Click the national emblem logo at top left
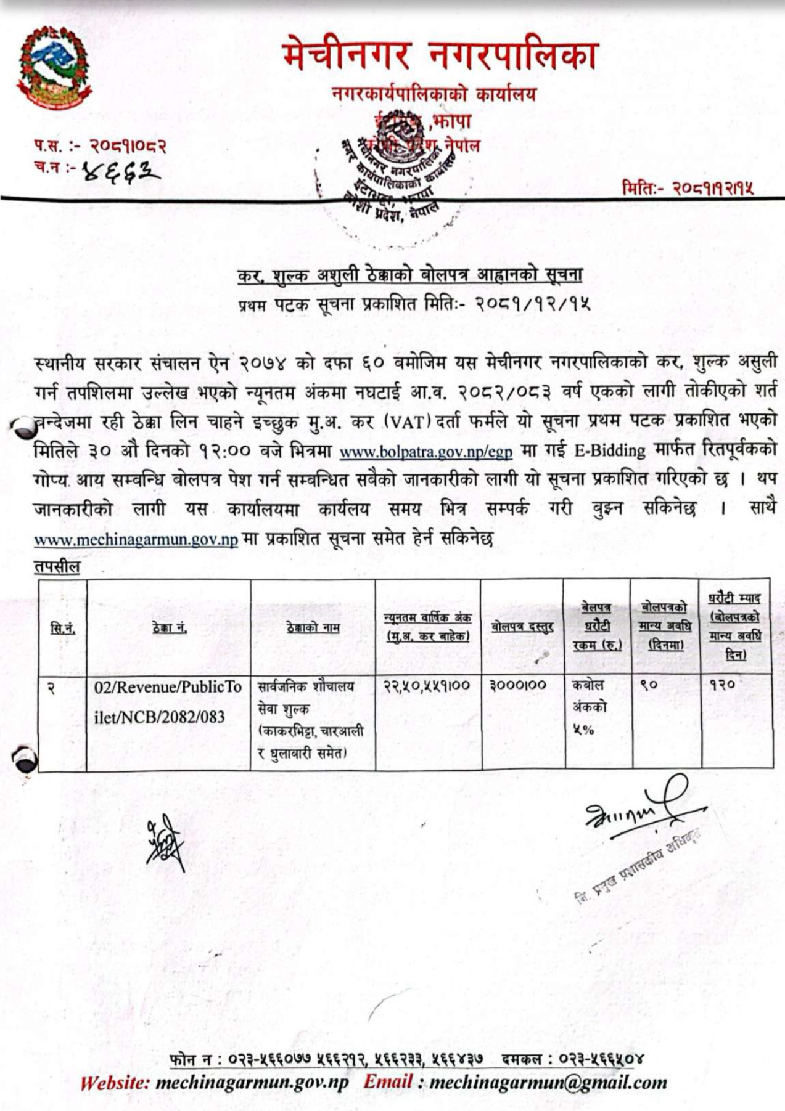click(54, 68)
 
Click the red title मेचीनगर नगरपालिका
click(440, 55)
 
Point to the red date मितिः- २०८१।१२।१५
click(687, 188)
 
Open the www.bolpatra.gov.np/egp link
click(425, 452)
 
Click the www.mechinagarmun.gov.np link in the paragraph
click(136, 540)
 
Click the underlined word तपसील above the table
click(57, 567)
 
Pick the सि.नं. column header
click(62, 629)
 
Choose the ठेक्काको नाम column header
click(313, 628)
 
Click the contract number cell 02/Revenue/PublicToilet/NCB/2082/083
click(168, 701)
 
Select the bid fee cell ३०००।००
click(518, 685)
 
